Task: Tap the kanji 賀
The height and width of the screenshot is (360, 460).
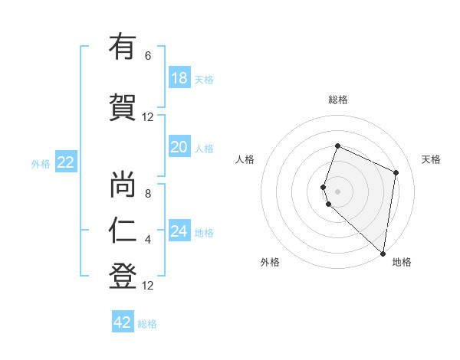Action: [123, 108]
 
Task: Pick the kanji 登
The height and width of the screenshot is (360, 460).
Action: [123, 277]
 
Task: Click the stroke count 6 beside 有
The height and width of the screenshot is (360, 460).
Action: [148, 56]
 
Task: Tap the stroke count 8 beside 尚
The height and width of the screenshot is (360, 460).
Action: [148, 194]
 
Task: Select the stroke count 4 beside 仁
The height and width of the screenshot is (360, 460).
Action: [148, 240]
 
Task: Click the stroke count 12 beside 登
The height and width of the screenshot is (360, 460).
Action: [148, 286]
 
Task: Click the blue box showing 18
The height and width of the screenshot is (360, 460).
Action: [179, 78]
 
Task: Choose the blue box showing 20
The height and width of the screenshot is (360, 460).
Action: [179, 147]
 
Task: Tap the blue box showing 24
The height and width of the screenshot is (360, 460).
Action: [179, 231]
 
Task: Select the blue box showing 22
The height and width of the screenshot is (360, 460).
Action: [66, 162]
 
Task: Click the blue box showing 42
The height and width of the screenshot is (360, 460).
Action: [123, 322]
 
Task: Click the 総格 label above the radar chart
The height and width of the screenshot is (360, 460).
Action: [338, 100]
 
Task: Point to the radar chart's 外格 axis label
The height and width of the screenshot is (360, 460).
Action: [270, 262]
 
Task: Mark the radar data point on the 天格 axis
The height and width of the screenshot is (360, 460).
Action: [396, 172]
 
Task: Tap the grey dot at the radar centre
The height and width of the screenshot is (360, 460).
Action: [338, 191]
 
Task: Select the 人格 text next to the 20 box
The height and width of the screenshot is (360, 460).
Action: [204, 148]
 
